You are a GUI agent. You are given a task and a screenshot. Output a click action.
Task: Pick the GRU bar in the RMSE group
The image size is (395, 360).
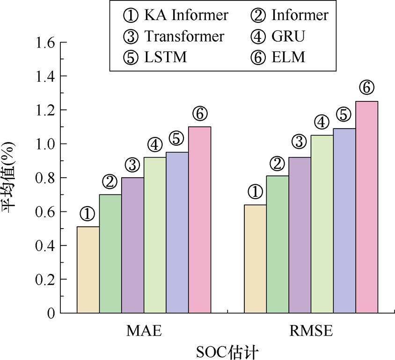(x=322, y=224)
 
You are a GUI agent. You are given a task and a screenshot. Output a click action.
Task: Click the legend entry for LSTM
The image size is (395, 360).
(x=157, y=57)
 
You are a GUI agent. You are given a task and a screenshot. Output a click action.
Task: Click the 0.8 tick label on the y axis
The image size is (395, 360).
(x=44, y=178)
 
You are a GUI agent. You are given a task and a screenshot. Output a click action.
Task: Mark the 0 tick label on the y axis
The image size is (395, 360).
(x=50, y=313)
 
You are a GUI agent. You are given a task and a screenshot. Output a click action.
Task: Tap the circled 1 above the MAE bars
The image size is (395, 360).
(x=88, y=214)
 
